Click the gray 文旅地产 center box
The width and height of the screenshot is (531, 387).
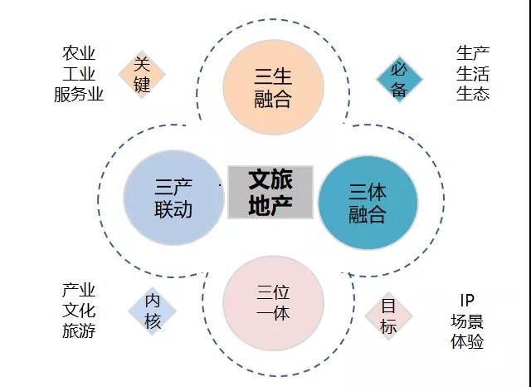pos(270,192)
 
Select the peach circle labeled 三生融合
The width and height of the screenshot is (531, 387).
pos(273,87)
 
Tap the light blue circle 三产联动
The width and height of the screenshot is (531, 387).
pos(173,198)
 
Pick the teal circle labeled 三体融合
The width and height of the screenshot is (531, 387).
pos(368,203)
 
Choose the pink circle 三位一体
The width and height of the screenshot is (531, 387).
pos(273,303)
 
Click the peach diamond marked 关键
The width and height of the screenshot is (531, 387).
pos(142,75)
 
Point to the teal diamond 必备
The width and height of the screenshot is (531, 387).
pos(400,80)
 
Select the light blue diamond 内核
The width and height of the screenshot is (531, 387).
pos(152,311)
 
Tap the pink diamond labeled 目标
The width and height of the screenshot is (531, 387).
pos(388,316)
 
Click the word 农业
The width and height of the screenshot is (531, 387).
pos(79,53)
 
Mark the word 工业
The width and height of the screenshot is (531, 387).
pos(79,74)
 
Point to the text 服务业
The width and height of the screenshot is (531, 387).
pos(79,94)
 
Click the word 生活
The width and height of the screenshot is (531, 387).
pos(473,74)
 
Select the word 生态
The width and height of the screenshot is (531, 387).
pos(473,94)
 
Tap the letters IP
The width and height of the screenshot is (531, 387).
pos(467,301)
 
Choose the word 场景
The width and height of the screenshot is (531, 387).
pos(467,321)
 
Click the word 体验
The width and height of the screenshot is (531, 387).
pos(467,341)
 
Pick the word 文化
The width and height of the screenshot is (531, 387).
pos(79,311)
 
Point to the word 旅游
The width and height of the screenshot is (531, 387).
pos(79,331)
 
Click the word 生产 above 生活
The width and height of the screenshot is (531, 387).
pos(473,53)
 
